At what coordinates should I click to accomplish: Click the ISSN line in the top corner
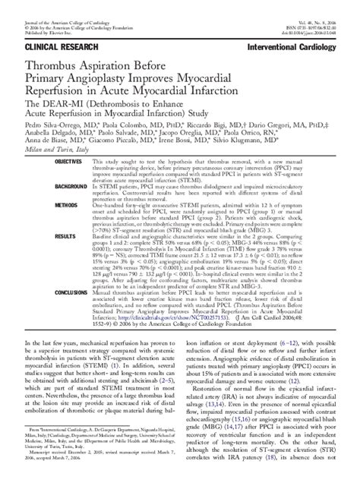pyautogui.click(x=322, y=12)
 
